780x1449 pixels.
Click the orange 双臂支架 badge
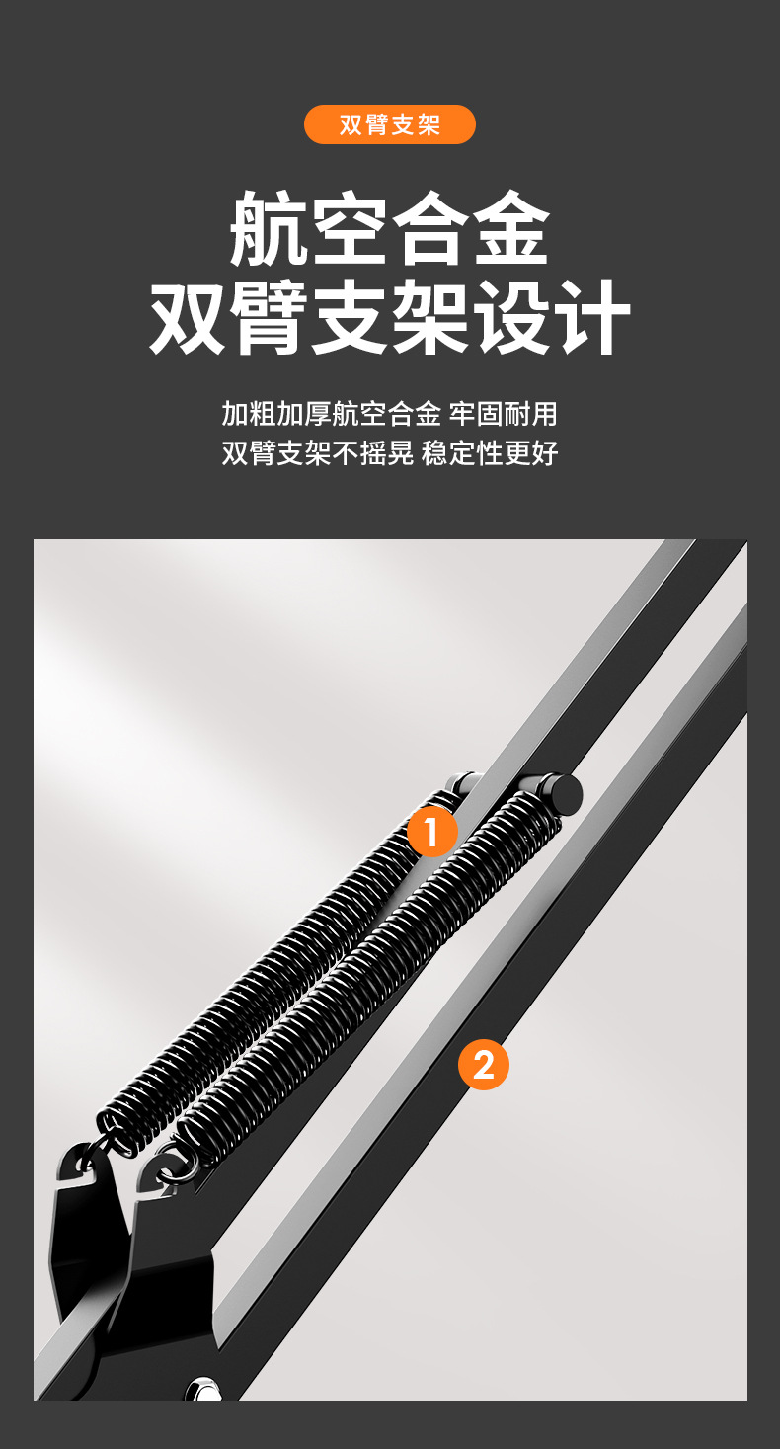(390, 124)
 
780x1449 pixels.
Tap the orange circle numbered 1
(432, 832)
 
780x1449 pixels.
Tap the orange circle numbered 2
(483, 1064)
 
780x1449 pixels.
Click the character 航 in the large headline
(269, 229)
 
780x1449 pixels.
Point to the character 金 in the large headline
(511, 229)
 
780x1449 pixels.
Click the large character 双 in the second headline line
(189, 317)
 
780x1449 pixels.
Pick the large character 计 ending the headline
(591, 317)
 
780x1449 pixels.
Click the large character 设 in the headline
(511, 317)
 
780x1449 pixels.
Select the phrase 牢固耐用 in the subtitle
(504, 414)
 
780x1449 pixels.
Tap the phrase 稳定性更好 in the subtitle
(490, 452)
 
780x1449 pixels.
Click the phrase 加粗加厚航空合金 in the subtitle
(331, 414)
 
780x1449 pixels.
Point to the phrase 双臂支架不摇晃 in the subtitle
(318, 452)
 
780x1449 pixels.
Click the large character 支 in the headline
(350, 317)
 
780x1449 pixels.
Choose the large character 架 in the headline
(430, 317)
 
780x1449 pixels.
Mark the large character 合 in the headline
(430, 229)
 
